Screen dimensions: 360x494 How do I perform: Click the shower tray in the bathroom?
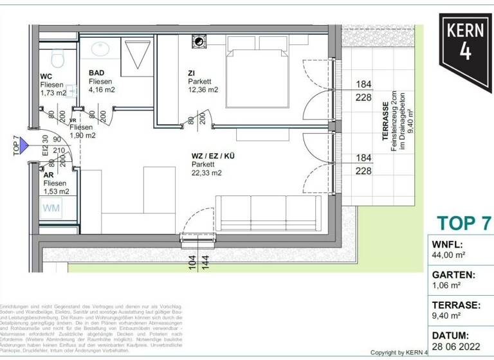tap(136, 55)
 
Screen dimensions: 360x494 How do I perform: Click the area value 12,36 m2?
tap(203, 90)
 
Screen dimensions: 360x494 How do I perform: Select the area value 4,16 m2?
tap(103, 91)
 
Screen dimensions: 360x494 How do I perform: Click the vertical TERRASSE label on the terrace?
tap(386, 122)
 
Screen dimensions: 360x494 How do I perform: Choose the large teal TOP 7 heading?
tap(464, 223)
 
